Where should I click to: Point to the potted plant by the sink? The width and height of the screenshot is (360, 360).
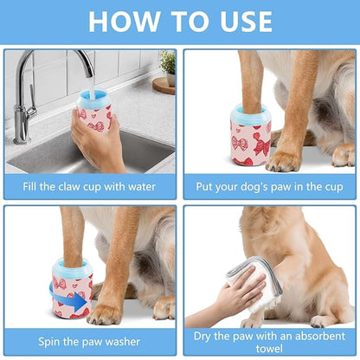click(x=167, y=62)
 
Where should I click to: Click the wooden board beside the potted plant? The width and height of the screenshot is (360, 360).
click(x=164, y=84)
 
